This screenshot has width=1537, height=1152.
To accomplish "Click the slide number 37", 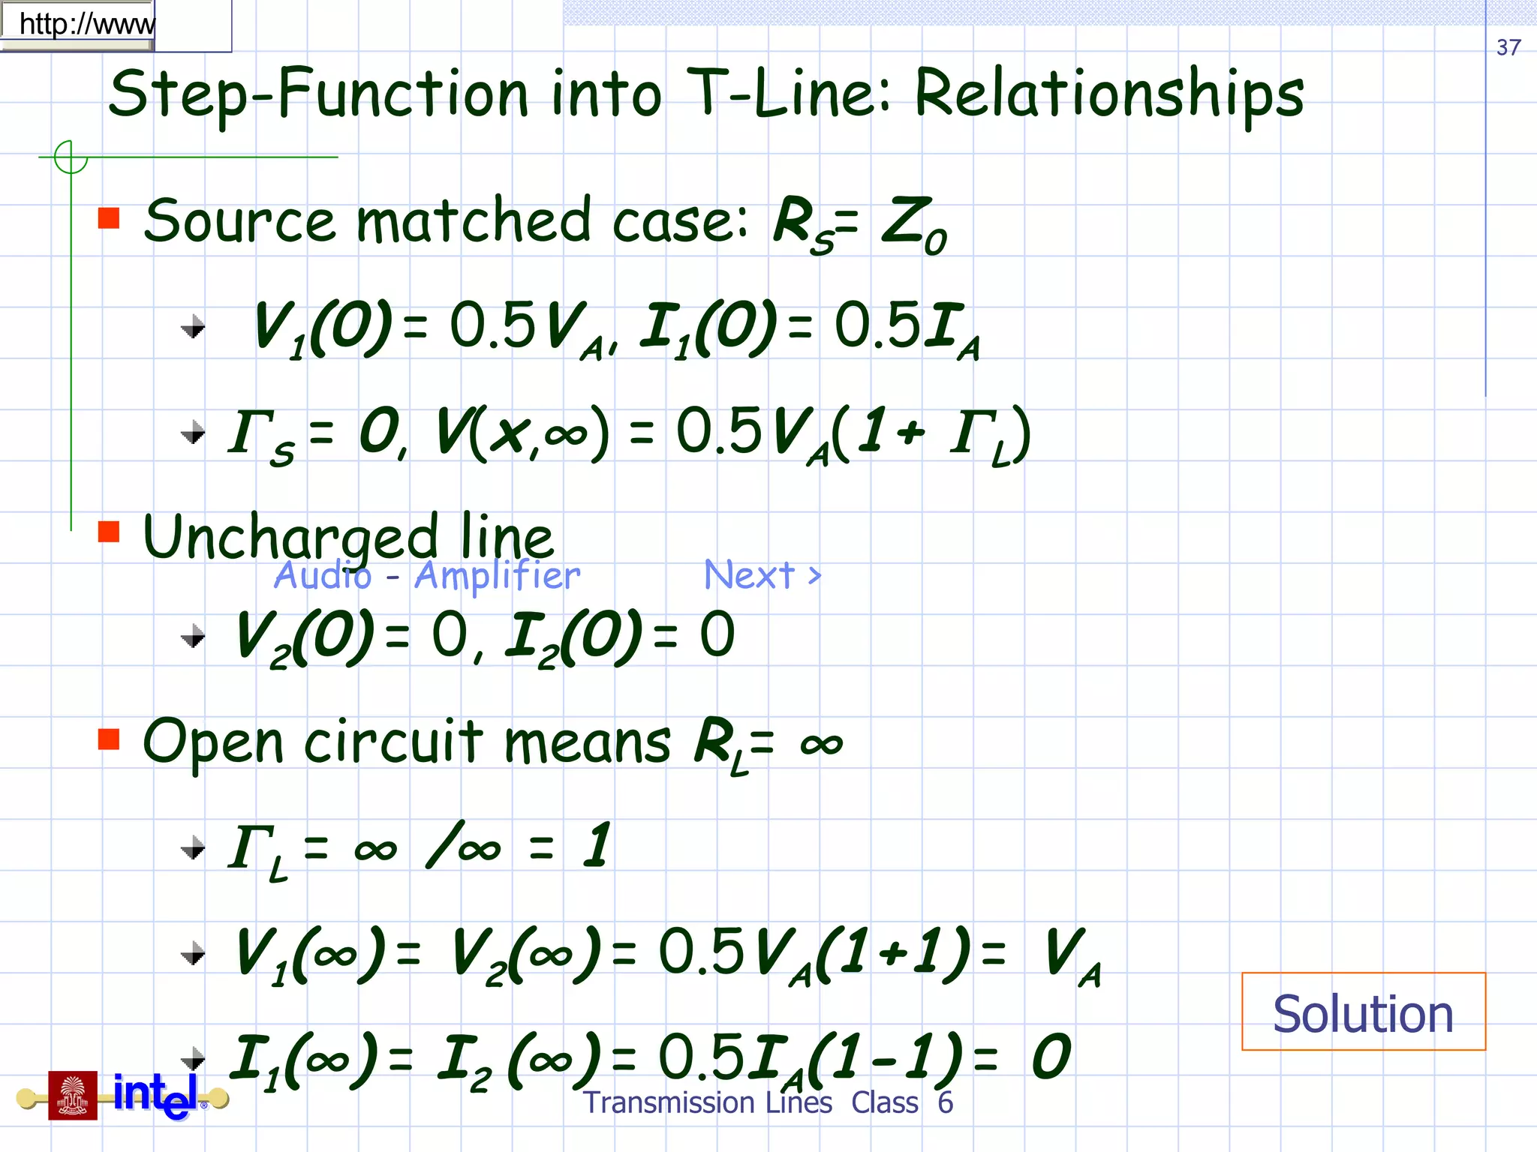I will click(1508, 47).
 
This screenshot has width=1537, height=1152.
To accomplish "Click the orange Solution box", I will click(1363, 1012).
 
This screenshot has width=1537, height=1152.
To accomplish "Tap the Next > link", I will click(762, 575).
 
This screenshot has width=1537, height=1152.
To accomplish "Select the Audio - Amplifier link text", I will click(427, 575).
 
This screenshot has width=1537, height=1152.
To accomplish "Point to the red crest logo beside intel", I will click(73, 1096).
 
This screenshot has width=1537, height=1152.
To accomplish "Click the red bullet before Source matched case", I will click(109, 218).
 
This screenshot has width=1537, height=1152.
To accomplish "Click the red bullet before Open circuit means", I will click(109, 739).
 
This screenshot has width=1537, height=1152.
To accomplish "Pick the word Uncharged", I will click(290, 538).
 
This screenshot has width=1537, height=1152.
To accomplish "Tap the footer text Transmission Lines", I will click(708, 1102).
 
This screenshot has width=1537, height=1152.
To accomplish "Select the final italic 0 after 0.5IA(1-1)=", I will click(1051, 1056).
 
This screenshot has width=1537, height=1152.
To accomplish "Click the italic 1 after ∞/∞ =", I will click(597, 845).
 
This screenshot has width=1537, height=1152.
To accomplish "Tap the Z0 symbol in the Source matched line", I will click(914, 225).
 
